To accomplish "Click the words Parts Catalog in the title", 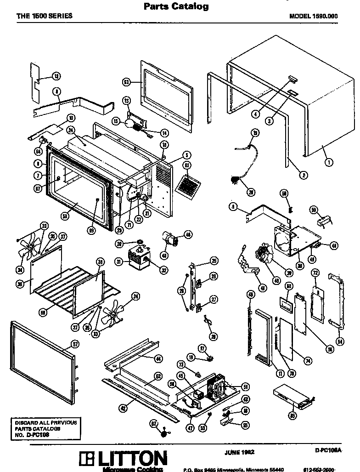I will (176, 6).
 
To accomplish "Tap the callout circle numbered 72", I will (315, 273).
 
